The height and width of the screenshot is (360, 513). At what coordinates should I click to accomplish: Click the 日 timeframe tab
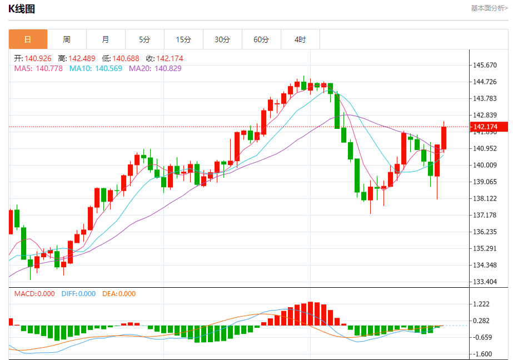tap(28, 39)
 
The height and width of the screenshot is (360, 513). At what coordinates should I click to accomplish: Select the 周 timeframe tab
tap(67, 39)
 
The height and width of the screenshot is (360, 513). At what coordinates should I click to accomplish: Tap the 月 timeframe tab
tap(106, 39)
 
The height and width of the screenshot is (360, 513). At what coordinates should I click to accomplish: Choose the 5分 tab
tap(145, 39)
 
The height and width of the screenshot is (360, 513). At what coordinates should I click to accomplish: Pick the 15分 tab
tap(183, 39)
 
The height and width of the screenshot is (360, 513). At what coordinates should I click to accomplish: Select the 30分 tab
tap(222, 39)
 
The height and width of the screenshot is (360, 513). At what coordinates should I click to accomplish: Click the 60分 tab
tap(261, 39)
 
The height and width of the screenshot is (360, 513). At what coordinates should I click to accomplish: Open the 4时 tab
tap(300, 39)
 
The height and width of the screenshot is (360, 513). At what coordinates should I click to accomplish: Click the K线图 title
tap(21, 9)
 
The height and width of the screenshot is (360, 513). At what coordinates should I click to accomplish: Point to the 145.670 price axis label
tap(484, 65)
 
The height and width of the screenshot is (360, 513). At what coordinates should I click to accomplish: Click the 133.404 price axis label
tap(484, 282)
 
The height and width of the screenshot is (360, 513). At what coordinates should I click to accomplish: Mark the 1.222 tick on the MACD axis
tap(481, 304)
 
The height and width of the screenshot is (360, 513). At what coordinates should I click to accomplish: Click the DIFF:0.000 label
tap(78, 294)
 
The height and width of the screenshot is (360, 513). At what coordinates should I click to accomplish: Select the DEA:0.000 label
tap(119, 294)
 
